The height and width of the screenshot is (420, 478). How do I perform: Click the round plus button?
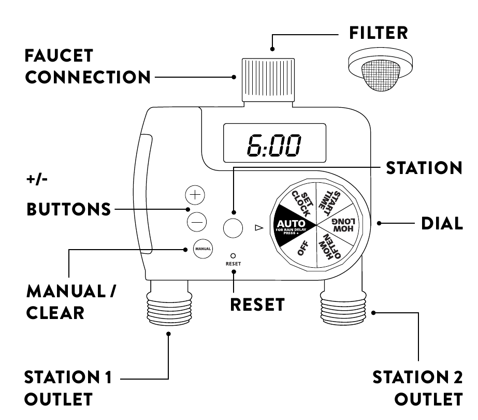195,195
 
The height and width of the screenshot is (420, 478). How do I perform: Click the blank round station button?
234,227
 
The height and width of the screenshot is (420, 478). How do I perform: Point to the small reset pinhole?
233,256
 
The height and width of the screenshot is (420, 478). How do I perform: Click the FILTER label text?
378,33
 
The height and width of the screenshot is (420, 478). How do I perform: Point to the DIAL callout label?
441,224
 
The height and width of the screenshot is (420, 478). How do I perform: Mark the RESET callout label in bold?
257,305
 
